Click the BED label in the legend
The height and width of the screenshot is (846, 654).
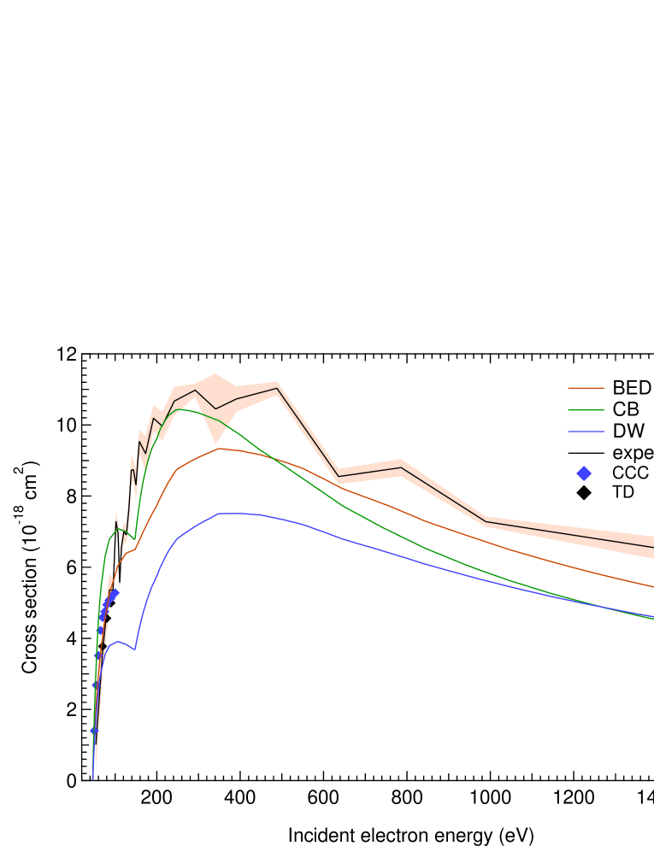631,388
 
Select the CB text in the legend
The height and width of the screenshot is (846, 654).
625,409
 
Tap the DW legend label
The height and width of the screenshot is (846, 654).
628,431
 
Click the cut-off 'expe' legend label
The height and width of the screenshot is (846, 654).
633,452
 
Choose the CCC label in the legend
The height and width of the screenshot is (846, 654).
630,473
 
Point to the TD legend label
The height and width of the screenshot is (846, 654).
623,492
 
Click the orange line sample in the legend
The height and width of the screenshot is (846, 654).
586,388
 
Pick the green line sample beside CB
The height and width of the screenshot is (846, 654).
586,409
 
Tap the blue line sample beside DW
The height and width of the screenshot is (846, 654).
586,431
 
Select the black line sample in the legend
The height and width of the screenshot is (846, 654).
586,452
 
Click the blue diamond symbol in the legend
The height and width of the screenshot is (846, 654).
585,473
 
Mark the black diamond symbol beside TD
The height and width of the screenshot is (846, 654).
585,492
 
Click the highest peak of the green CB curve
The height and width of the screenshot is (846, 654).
181,409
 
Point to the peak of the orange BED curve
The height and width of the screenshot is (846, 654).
221,448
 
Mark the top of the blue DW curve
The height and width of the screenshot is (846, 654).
224,514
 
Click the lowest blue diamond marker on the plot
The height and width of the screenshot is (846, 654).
93,731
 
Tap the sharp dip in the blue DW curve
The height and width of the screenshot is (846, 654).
134,649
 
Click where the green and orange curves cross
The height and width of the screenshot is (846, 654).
273,457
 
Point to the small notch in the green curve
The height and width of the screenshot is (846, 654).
133,538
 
